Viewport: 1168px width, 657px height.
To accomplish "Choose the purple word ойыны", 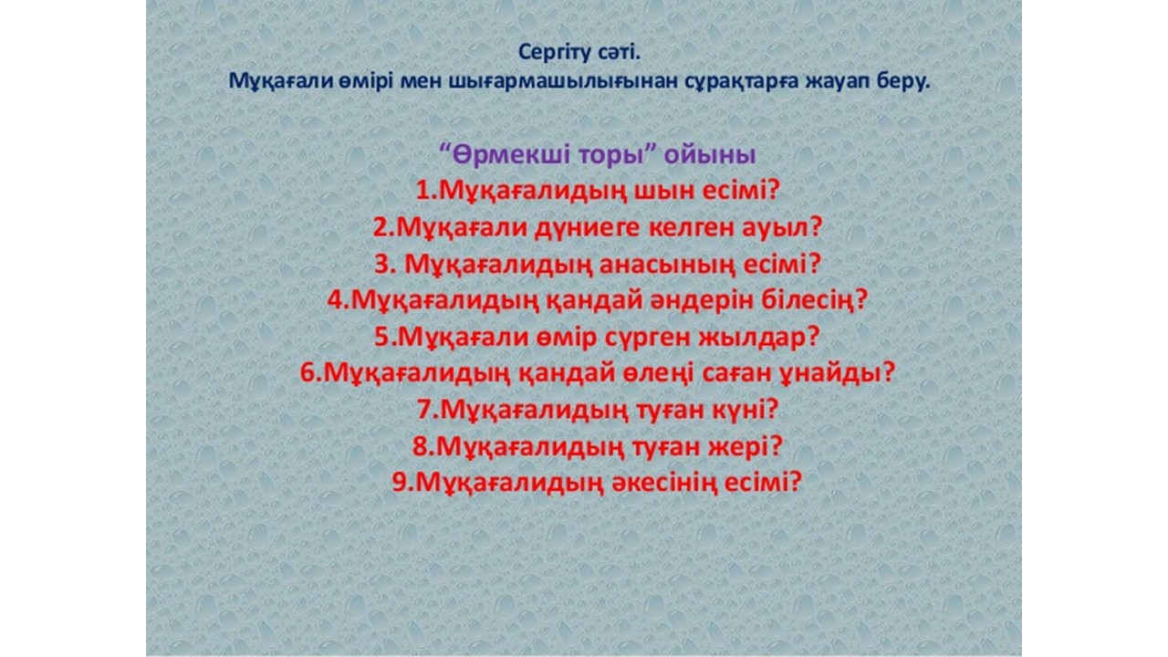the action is [710, 155].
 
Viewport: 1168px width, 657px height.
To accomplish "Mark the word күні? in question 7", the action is [746, 410].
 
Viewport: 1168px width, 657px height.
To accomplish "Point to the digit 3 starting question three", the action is [383, 265].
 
